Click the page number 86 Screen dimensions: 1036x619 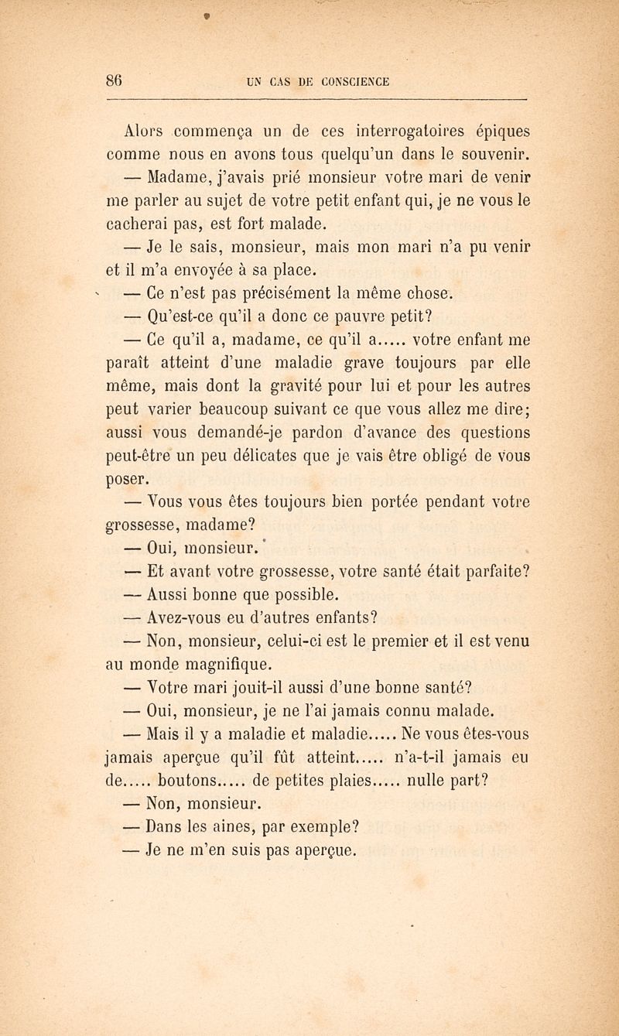(x=116, y=79)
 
